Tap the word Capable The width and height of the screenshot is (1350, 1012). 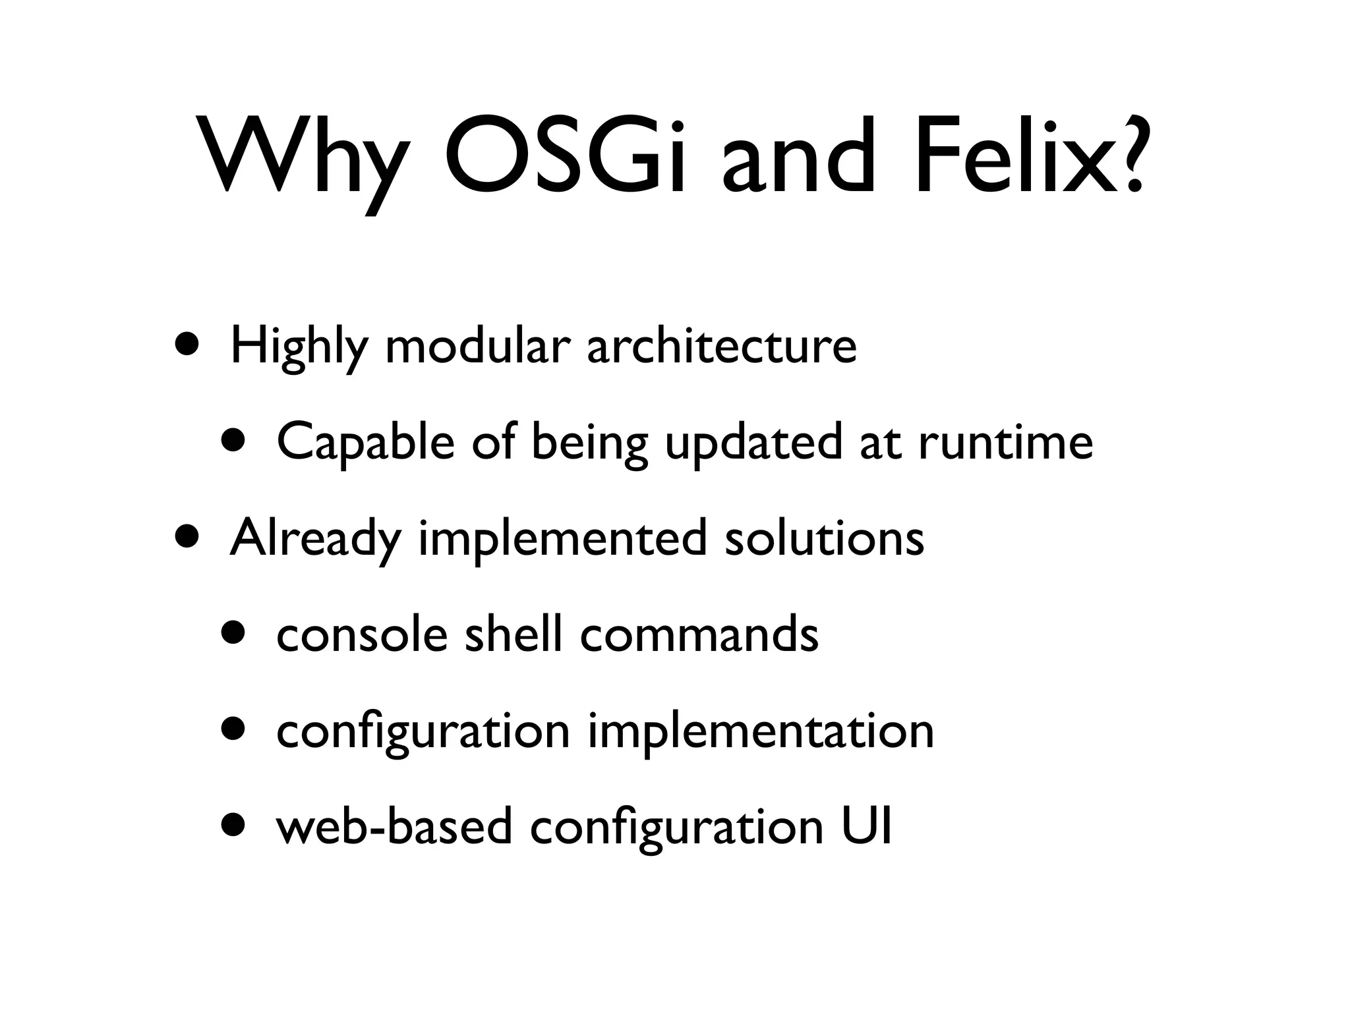(366, 443)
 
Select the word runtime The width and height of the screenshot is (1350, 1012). (1005, 443)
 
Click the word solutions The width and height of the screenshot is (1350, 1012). (824, 539)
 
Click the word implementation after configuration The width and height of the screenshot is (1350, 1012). (761, 732)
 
